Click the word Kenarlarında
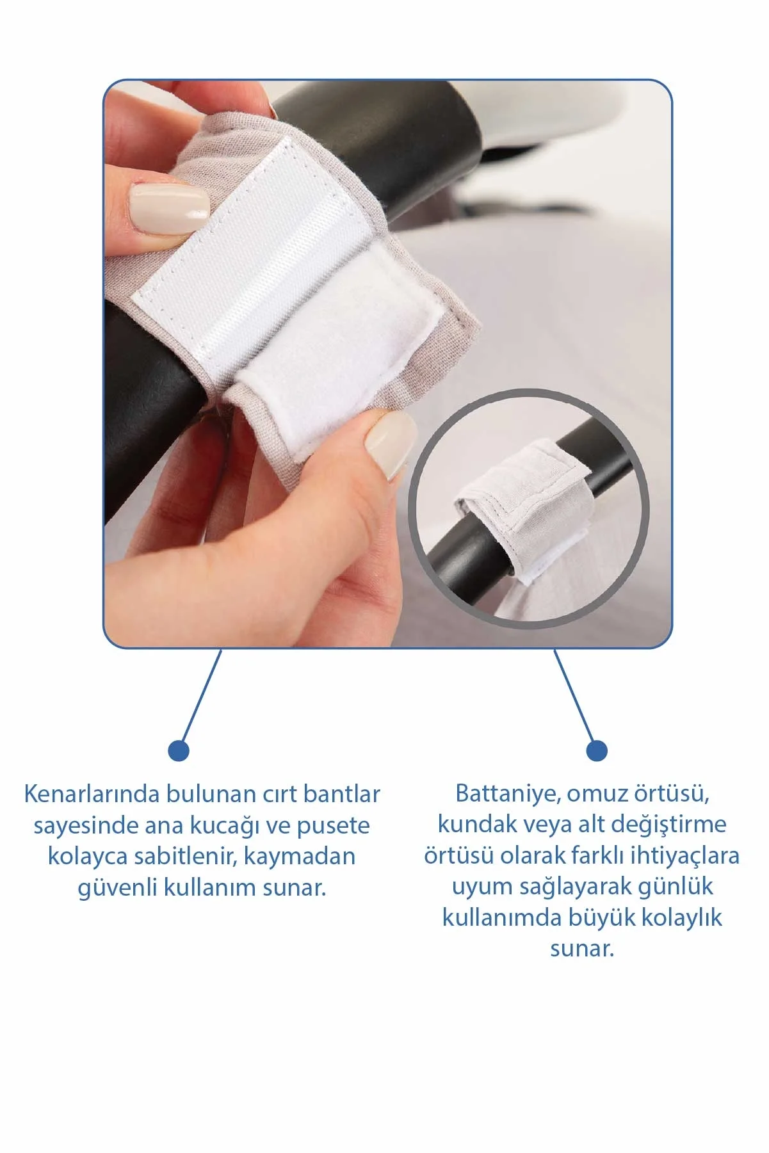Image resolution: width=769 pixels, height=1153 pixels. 92,794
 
